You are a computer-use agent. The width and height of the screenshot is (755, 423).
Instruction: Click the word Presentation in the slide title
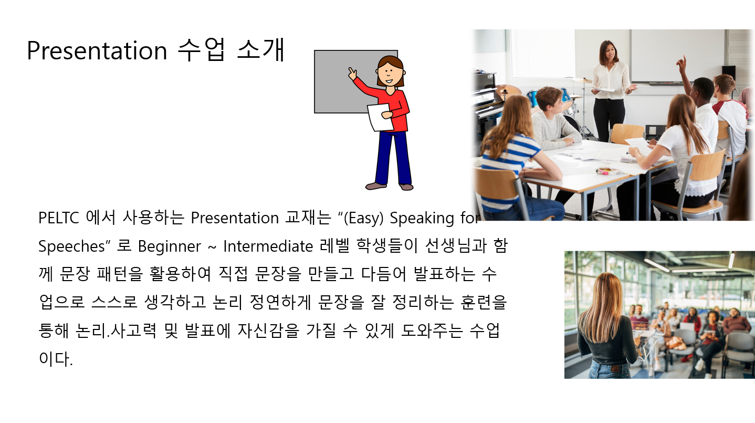pyautogui.click(x=97, y=50)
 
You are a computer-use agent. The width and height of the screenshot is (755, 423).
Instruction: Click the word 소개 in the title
pyautogui.click(x=261, y=50)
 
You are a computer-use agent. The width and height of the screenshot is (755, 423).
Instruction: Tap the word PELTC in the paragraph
pyautogui.click(x=59, y=218)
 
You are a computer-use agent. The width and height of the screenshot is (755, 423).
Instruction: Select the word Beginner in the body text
pyautogui.click(x=170, y=246)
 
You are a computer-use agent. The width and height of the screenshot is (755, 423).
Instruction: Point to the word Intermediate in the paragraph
pyautogui.click(x=268, y=246)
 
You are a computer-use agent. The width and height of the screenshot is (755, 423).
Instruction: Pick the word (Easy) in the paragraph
pyautogui.click(x=363, y=218)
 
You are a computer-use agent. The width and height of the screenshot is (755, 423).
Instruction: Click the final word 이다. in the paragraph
pyautogui.click(x=56, y=358)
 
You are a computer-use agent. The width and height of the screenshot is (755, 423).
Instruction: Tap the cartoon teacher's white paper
pyautogui.click(x=380, y=117)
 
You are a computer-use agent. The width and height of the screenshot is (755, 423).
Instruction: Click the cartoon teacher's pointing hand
pyautogui.click(x=352, y=73)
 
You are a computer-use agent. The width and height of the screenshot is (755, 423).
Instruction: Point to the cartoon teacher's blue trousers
pyautogui.click(x=393, y=158)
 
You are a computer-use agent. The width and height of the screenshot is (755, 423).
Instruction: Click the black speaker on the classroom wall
pyautogui.click(x=729, y=73)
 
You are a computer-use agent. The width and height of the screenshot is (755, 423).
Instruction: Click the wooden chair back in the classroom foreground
pyautogui.click(x=498, y=184)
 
